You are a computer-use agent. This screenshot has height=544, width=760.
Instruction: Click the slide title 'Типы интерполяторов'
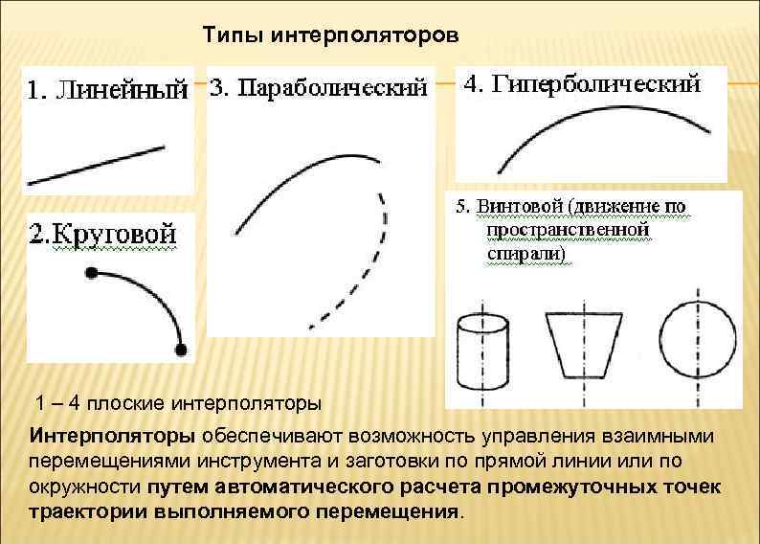coord(331,35)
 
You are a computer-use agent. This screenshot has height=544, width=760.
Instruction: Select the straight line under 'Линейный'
coord(96,164)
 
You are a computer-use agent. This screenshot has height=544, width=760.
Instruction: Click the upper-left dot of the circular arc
coord(91,274)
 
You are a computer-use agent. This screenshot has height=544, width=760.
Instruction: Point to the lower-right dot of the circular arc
coord(182,349)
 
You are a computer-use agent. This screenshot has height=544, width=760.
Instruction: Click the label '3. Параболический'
coord(318,89)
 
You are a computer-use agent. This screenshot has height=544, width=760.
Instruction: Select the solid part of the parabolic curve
coord(287,182)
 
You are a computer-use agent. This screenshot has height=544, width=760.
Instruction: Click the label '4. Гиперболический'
coord(581,84)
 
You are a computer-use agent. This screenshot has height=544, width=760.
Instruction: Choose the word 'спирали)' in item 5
coord(526,254)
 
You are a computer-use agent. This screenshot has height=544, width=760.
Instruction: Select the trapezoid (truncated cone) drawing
coord(579,345)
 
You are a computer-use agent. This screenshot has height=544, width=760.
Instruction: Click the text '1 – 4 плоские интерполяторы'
coord(178,401)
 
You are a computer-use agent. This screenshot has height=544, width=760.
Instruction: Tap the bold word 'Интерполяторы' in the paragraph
coord(113,437)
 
